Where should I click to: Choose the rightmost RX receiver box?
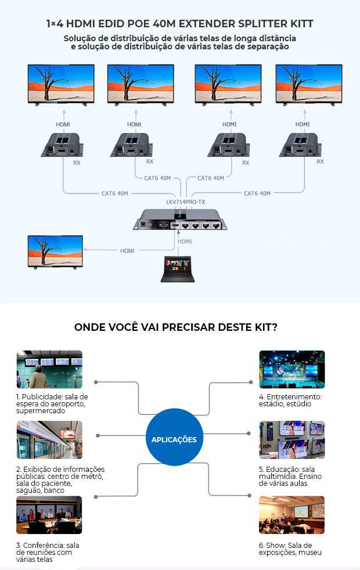click(301, 145)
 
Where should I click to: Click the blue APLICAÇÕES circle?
click(174, 439)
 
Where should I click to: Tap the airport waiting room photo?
click(49, 369)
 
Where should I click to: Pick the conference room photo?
click(49, 514)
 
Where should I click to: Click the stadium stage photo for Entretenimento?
click(291, 369)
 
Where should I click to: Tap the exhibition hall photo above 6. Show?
click(291, 514)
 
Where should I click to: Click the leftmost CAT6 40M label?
click(114, 193)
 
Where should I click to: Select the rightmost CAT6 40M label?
click(257, 193)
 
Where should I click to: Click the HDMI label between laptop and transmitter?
click(185, 241)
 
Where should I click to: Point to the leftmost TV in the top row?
click(61, 84)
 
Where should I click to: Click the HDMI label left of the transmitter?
click(127, 251)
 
